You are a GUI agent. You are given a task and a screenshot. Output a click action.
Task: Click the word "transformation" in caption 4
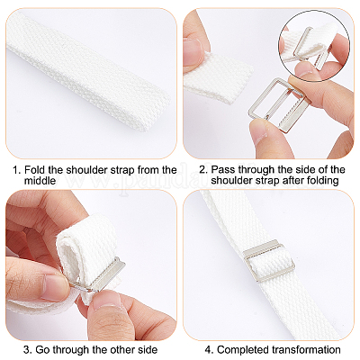pyautogui.click(x=306, y=350)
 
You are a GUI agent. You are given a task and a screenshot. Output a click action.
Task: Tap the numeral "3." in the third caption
pyautogui.click(x=28, y=350)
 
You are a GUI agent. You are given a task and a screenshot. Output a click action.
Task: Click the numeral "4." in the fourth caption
pyautogui.click(x=210, y=350)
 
